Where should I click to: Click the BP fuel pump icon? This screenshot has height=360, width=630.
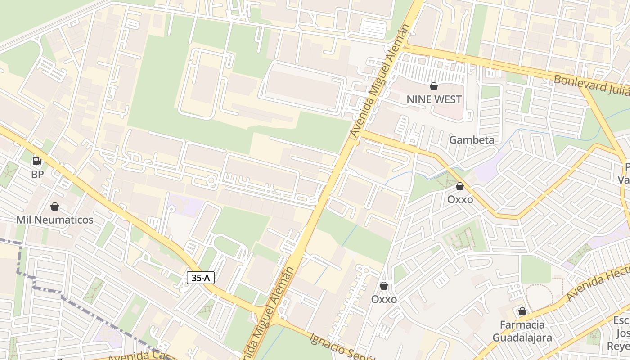(37, 161)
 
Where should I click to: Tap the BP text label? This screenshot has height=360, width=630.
(37, 174)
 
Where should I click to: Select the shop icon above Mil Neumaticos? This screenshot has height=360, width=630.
(54, 207)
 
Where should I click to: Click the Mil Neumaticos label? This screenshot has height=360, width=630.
(54, 220)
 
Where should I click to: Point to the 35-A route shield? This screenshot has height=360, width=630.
(200, 278)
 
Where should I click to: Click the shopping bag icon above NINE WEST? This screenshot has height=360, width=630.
(434, 86)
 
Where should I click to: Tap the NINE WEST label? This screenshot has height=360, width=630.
(434, 99)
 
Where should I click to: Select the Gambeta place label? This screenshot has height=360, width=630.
(472, 140)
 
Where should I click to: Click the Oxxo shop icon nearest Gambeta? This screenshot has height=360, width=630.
(460, 186)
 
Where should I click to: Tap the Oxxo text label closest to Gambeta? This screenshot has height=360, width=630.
(460, 199)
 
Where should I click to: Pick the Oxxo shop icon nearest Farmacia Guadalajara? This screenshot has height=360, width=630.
(384, 286)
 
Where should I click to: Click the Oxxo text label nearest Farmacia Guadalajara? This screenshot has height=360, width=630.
(384, 299)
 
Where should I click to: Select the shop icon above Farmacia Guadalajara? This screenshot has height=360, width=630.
(522, 311)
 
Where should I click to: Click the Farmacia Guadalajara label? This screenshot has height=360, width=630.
(522, 331)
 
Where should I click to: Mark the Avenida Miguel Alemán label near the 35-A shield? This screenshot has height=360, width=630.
(268, 315)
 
